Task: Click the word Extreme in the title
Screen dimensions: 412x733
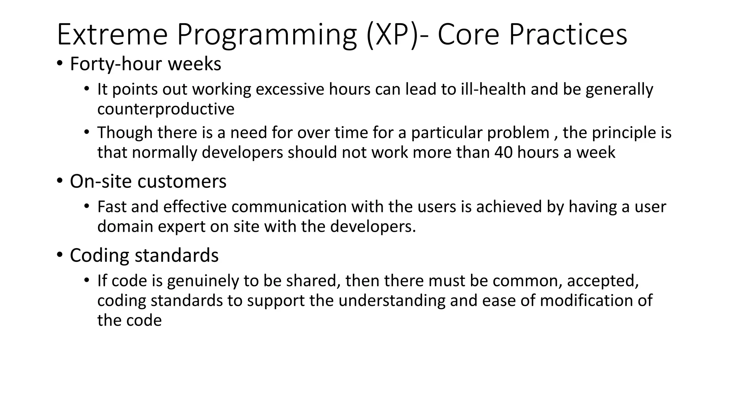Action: coord(112,35)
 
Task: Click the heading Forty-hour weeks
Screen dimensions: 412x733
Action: coord(145,64)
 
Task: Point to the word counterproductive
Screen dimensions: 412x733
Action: coord(166,109)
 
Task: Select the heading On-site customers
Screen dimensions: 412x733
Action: coord(148,181)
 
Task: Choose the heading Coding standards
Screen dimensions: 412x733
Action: coord(144,255)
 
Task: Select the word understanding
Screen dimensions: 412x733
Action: coord(392,301)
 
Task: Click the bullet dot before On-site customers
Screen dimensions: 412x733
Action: coord(59,182)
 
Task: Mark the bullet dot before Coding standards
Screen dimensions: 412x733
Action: coord(59,256)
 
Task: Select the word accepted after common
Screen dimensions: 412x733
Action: coord(602,281)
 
